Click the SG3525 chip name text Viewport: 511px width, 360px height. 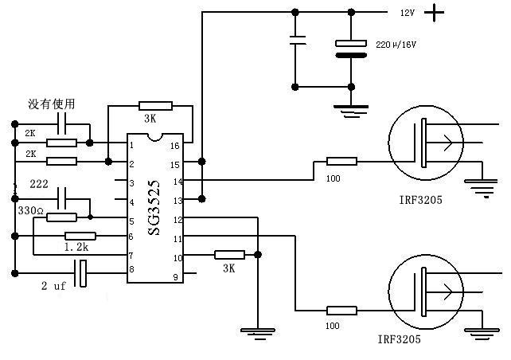pyautogui.click(x=154, y=208)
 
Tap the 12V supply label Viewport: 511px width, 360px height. pyautogui.click(x=408, y=13)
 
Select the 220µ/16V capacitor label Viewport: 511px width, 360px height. pyautogui.click(x=396, y=45)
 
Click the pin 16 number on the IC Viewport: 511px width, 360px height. pyautogui.click(x=175, y=146)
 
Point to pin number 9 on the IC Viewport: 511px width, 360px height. pyautogui.click(x=176, y=277)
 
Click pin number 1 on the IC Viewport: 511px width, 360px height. pyautogui.click(x=131, y=145)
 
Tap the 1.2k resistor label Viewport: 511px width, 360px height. pyautogui.click(x=76, y=247)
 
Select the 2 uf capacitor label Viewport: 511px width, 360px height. pyautogui.click(x=53, y=286)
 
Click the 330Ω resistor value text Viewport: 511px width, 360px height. pyautogui.click(x=31, y=210)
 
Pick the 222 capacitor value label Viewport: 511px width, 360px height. pyautogui.click(x=39, y=184)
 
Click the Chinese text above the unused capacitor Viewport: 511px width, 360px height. pyautogui.click(x=52, y=104)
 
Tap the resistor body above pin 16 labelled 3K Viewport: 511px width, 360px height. pyautogui.click(x=155, y=106)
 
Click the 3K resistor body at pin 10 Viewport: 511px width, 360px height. pyautogui.click(x=229, y=255)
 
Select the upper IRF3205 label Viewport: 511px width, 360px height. pyautogui.click(x=421, y=200)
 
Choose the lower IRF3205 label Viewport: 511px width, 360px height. pyautogui.click(x=400, y=339)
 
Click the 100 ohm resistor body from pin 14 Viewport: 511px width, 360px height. pyautogui.click(x=342, y=161)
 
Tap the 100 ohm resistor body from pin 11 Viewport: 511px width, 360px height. pyautogui.click(x=342, y=311)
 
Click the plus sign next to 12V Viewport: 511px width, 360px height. pyautogui.click(x=434, y=13)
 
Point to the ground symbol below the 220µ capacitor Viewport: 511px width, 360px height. pyautogui.click(x=351, y=111)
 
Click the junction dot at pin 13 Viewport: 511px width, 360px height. pyautogui.click(x=201, y=198)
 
